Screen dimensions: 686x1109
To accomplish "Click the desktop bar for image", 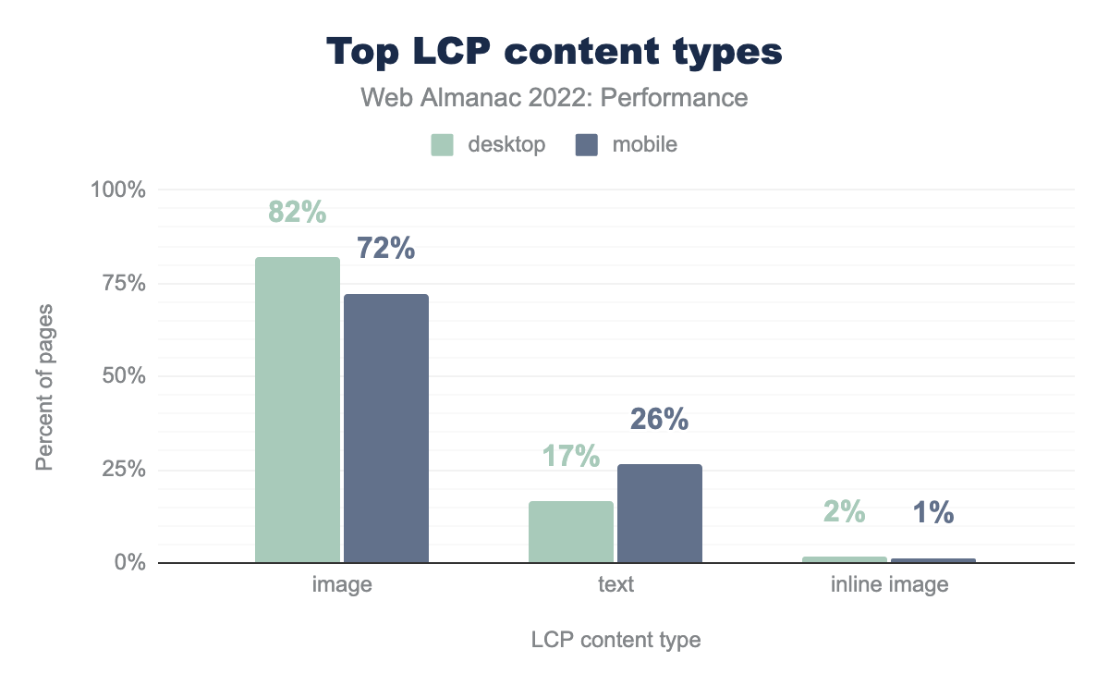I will (x=298, y=410).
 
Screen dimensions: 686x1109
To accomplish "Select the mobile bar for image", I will (x=386, y=428).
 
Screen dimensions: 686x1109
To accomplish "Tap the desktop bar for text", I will (x=571, y=532).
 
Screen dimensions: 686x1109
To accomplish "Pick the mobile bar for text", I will (x=660, y=513).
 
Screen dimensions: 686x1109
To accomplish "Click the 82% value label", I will (x=298, y=213).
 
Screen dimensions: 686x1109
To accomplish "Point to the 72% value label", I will (x=385, y=249).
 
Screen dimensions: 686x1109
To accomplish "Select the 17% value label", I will (x=571, y=456).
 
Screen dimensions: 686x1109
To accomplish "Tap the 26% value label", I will (x=659, y=420).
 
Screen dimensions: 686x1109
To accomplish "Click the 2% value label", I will (x=845, y=511).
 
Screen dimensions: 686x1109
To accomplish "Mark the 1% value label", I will (x=932, y=514).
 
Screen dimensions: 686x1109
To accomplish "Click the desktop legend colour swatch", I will (x=443, y=145).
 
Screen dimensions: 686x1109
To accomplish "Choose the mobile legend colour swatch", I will (x=587, y=145).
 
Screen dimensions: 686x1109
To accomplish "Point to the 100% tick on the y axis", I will (x=117, y=190).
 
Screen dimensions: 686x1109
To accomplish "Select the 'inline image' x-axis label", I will (x=888, y=585).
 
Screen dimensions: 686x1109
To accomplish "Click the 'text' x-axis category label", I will (x=615, y=585).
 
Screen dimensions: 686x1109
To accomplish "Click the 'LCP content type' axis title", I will (x=615, y=640).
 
